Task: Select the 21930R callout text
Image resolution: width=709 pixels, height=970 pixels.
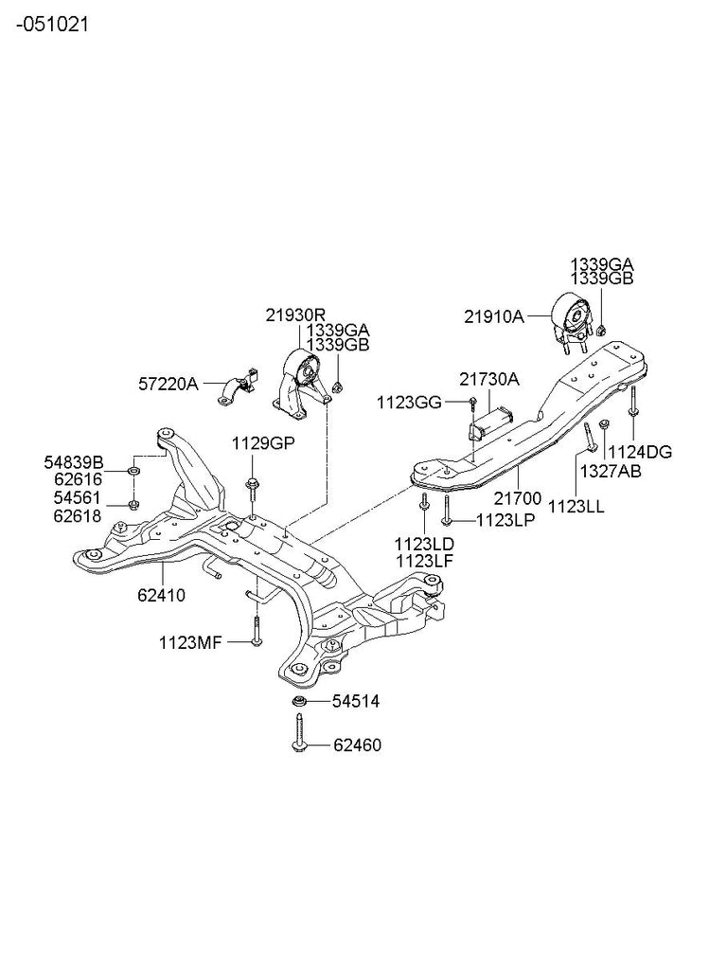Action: pyautogui.click(x=295, y=314)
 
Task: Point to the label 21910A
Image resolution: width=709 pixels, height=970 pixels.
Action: pyautogui.click(x=494, y=317)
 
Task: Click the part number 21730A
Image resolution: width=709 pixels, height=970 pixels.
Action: pyautogui.click(x=489, y=379)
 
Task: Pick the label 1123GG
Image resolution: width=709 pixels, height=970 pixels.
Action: pyautogui.click(x=410, y=403)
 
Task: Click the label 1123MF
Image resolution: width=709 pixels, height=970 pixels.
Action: pyautogui.click(x=190, y=643)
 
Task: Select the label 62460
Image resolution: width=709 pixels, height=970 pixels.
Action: pyautogui.click(x=356, y=745)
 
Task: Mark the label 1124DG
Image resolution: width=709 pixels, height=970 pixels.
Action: pyautogui.click(x=639, y=452)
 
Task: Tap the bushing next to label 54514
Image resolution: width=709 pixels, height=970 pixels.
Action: pyautogui.click(x=299, y=702)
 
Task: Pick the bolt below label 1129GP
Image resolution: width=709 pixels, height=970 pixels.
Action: pyautogui.click(x=253, y=488)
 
